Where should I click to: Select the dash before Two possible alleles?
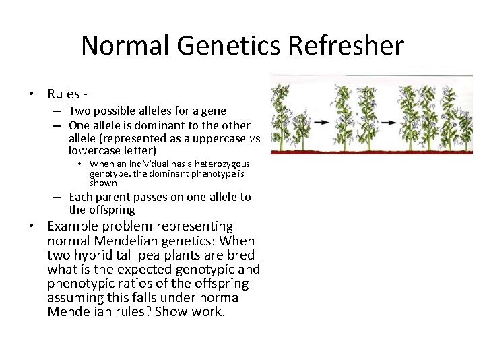59,111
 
